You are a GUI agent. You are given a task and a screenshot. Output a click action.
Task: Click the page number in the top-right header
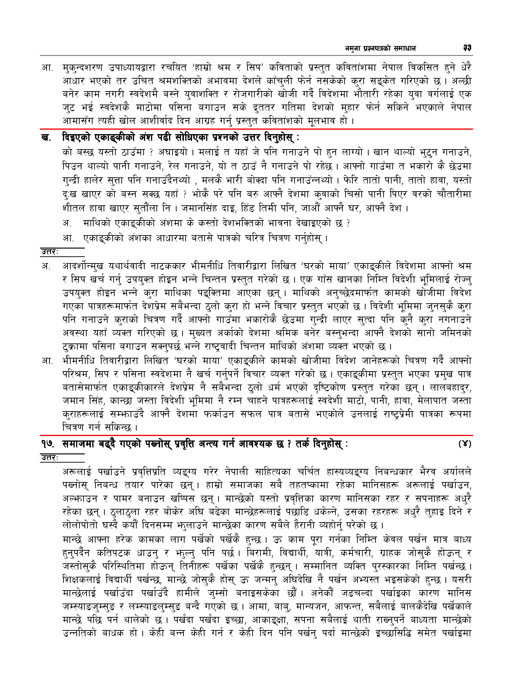[x=467, y=48]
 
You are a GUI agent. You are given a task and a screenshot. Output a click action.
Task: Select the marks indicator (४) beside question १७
[x=465, y=444]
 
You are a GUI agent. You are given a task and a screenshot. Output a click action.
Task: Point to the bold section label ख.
[x=46, y=137]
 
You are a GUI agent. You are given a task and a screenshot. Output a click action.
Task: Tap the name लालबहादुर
[x=451, y=387]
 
